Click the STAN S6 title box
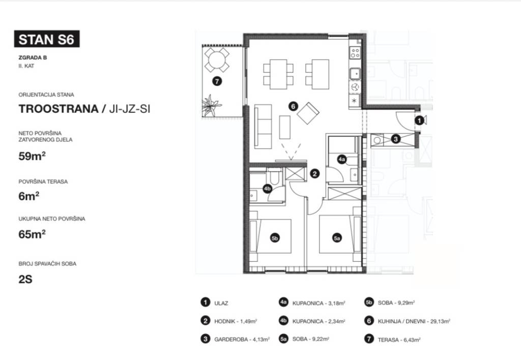point(46,39)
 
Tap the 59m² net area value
point(32,156)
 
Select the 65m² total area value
point(32,234)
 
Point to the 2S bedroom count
point(25,279)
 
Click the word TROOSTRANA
point(59,109)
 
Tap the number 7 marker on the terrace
point(217,81)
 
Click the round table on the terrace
point(217,60)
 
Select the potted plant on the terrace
point(211,105)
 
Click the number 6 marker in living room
point(293,106)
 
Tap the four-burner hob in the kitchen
point(355,52)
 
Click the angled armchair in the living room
point(308,113)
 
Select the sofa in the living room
point(263,126)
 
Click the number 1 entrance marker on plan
point(420,120)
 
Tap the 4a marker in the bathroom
point(341,160)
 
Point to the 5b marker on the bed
point(274,238)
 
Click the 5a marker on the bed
point(337,238)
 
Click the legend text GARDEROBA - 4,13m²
point(242,340)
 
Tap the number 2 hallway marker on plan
point(314,173)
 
